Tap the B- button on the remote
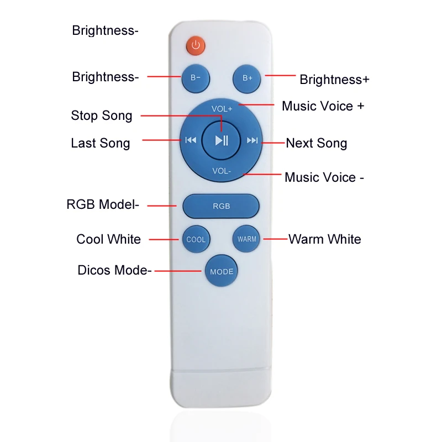(196, 78)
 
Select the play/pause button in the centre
(222, 140)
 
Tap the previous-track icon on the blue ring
(191, 140)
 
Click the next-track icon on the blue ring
(252, 140)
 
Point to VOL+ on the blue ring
(222, 109)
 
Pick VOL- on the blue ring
(222, 171)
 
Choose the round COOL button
(196, 239)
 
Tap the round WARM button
(247, 239)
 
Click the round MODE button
(222, 271)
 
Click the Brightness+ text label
(334, 80)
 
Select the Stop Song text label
(102, 116)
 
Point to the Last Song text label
(101, 144)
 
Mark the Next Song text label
(317, 144)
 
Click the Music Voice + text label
(323, 106)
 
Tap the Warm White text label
(325, 239)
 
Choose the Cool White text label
(109, 239)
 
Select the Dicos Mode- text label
(114, 271)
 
